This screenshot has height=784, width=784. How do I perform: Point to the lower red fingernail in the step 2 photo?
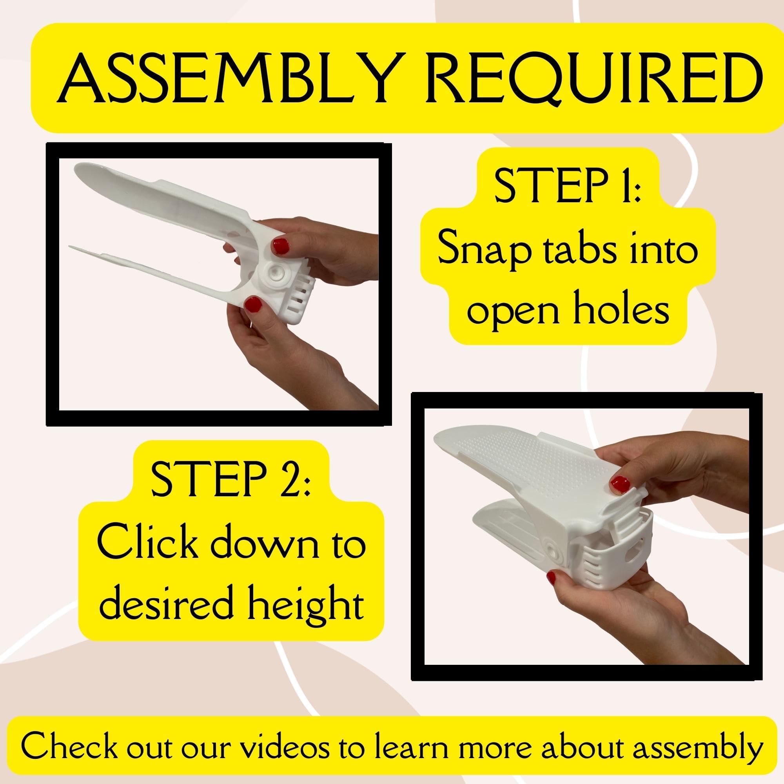(552, 577)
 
